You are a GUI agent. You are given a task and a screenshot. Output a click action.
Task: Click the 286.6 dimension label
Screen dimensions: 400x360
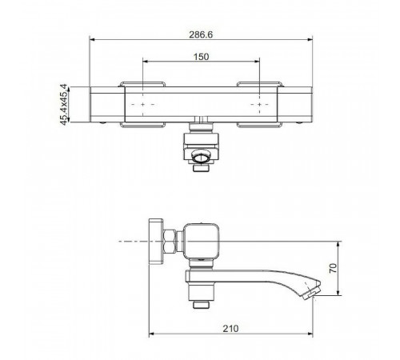click(x=201, y=34)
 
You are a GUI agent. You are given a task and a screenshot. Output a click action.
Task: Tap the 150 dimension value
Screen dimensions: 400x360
click(x=201, y=57)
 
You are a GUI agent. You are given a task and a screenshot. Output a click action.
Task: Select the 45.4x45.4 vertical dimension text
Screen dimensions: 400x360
click(x=63, y=104)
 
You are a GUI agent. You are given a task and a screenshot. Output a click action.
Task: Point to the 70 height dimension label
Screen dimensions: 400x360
click(x=333, y=268)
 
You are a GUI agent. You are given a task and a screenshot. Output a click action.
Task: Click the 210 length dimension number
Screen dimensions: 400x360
click(x=230, y=329)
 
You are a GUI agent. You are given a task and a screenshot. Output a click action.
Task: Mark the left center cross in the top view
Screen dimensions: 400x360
click(x=142, y=104)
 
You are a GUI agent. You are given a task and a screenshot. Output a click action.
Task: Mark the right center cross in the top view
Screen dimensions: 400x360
click(x=259, y=104)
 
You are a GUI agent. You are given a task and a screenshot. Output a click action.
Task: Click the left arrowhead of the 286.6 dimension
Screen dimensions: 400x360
click(x=92, y=39)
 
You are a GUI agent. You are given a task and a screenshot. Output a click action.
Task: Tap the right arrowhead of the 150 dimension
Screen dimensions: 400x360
click(x=257, y=62)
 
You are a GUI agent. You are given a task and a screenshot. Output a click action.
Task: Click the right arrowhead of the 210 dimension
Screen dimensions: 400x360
click(x=310, y=334)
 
